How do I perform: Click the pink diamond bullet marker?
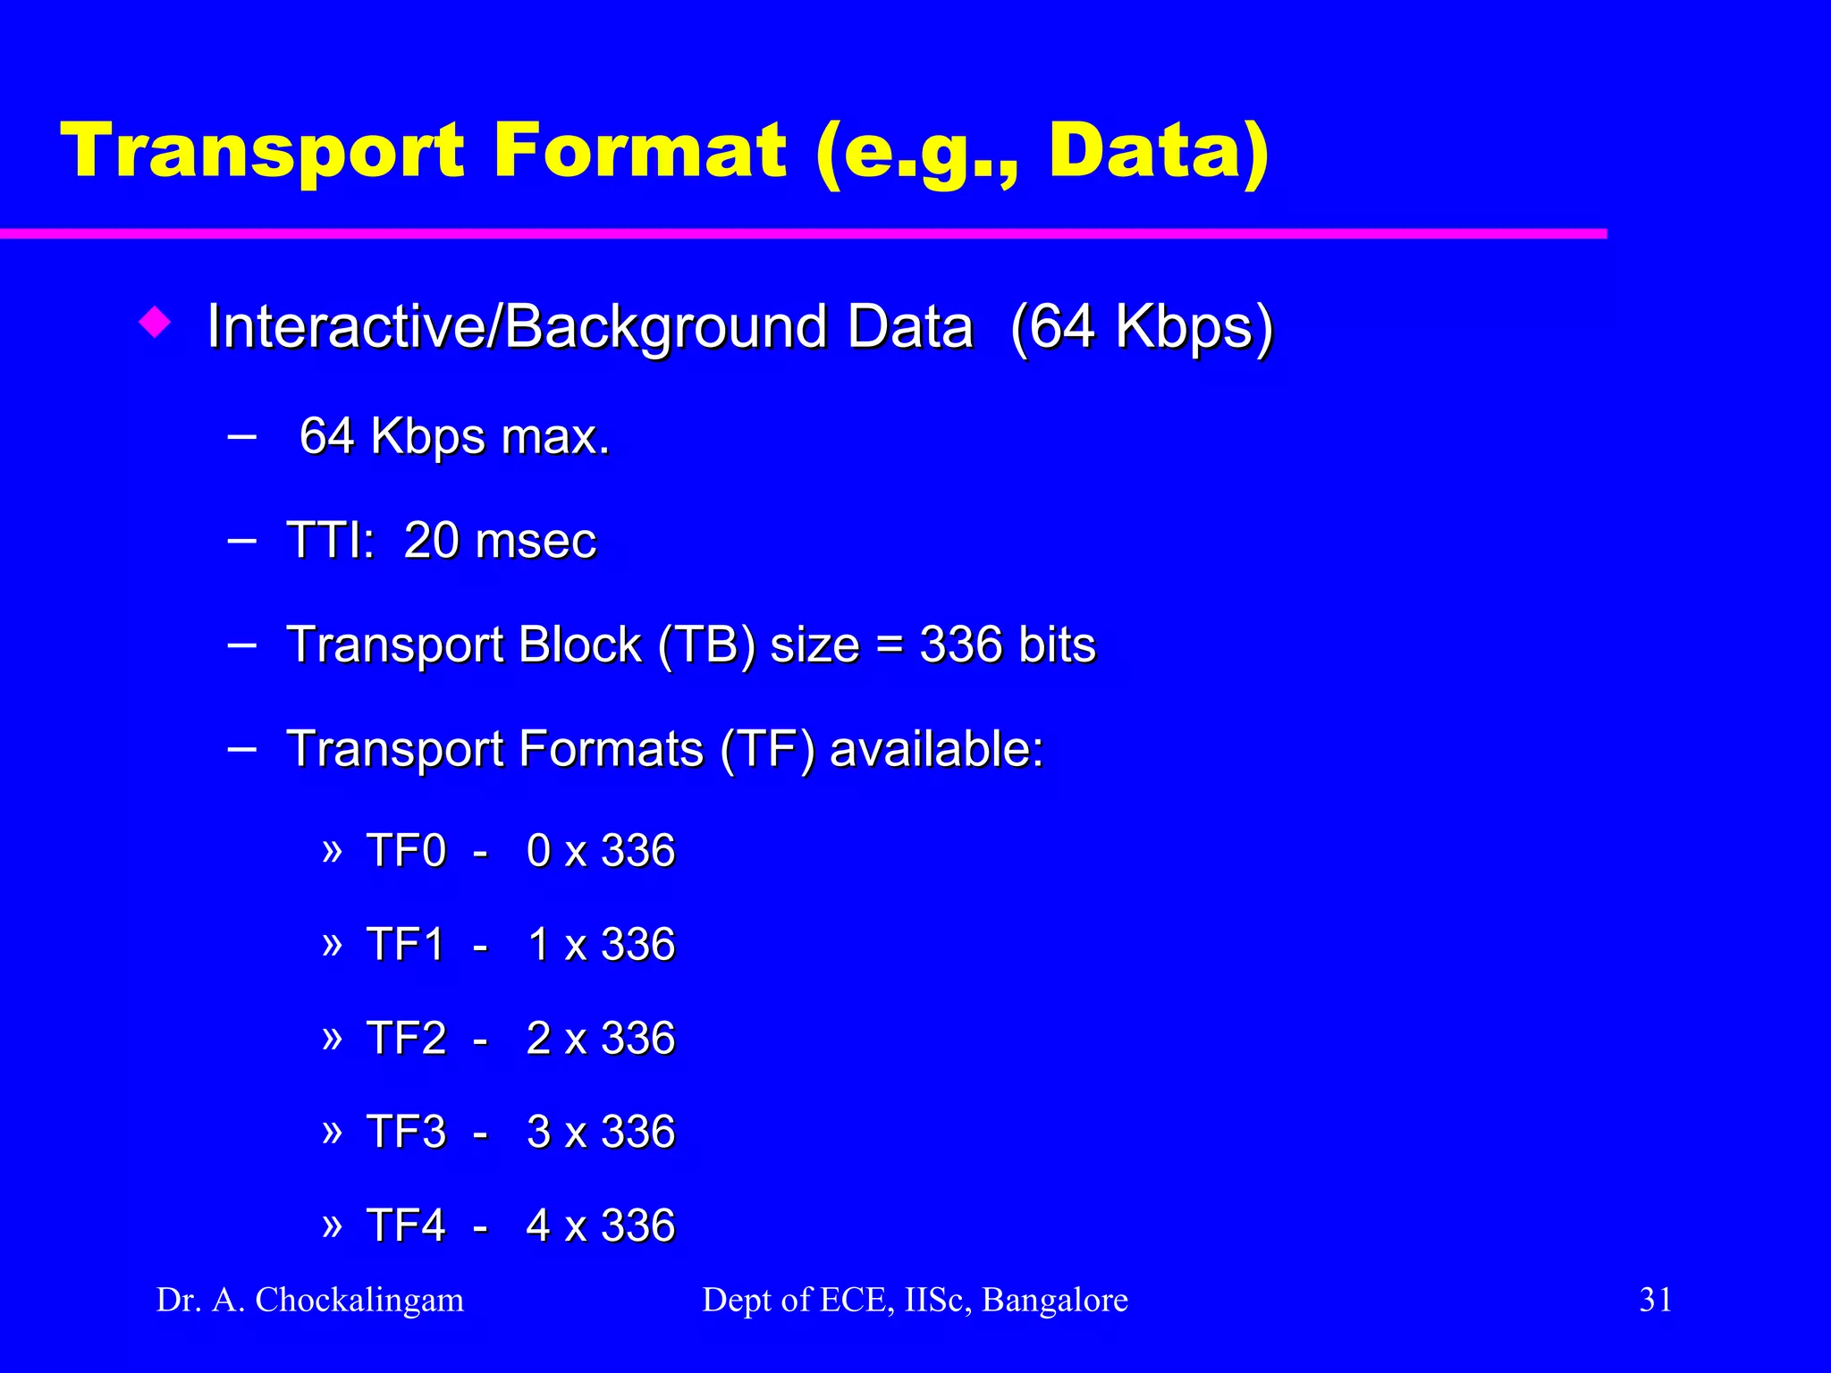[156, 323]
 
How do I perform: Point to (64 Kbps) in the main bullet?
[1142, 327]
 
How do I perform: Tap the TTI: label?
[330, 541]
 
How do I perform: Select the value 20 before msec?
[432, 541]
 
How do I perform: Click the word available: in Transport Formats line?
[936, 749]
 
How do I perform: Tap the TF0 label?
[406, 851]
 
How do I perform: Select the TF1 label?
[406, 945]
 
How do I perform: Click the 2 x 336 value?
[600, 1039]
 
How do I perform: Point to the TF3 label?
[406, 1133]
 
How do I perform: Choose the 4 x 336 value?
[600, 1226]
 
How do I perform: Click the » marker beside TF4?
[332, 1224]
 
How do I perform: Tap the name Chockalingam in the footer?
[359, 1301]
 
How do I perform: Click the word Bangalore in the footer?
[1055, 1301]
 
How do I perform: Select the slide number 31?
[1656, 1300]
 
